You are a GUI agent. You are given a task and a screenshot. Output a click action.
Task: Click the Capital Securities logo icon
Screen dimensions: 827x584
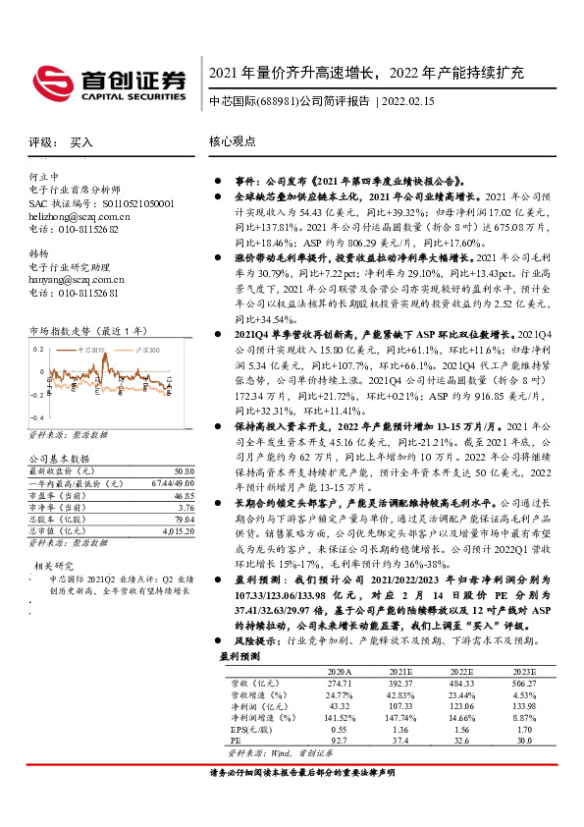coord(49,79)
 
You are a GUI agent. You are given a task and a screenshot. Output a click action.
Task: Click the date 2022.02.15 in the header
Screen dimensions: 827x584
coord(405,101)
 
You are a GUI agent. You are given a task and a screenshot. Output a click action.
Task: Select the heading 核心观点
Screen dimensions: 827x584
coord(232,141)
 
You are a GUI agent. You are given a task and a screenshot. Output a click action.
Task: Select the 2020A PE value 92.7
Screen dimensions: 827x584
coord(336,740)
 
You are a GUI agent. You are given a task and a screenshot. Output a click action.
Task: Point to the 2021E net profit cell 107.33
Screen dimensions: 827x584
coord(397,704)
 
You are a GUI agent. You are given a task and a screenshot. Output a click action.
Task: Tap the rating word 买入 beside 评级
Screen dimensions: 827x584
coord(81,142)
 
